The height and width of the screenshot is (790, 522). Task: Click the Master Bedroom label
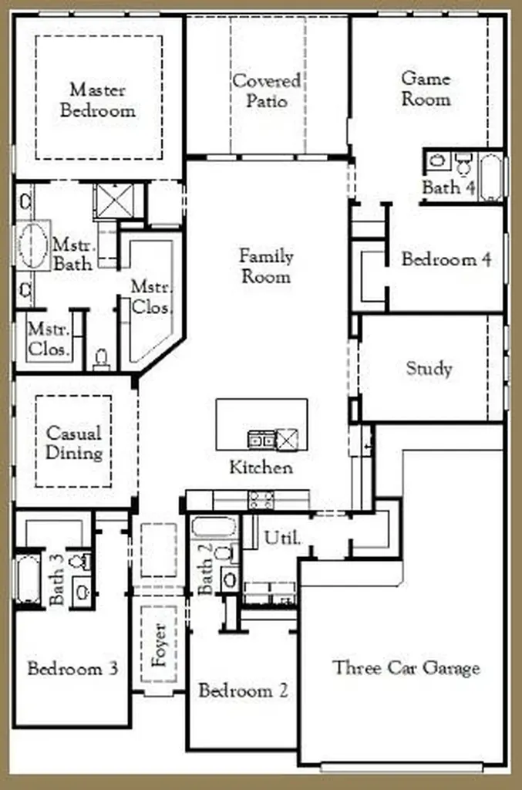click(x=98, y=100)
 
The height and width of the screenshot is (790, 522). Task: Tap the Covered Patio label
click(x=267, y=91)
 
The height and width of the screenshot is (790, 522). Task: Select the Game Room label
click(x=426, y=89)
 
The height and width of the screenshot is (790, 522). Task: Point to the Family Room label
click(x=266, y=266)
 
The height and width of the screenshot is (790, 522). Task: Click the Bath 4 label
click(x=449, y=187)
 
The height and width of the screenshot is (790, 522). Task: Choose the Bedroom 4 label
click(x=446, y=259)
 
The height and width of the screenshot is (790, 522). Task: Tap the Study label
click(x=429, y=368)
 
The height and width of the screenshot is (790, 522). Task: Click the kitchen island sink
click(x=261, y=439)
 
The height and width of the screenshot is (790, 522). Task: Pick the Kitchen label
click(x=261, y=468)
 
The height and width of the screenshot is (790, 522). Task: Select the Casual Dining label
click(x=74, y=442)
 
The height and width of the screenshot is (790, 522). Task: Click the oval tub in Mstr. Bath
click(x=33, y=245)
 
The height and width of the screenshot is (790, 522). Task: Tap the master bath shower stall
click(x=116, y=201)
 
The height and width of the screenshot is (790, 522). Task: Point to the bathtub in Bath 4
click(x=491, y=178)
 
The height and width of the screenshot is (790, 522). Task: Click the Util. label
click(x=282, y=538)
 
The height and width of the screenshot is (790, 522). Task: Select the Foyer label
click(x=159, y=645)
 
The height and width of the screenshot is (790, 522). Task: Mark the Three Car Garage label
click(x=406, y=668)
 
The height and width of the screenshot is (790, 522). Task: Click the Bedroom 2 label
click(x=243, y=690)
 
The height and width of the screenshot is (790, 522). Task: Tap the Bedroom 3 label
click(x=73, y=669)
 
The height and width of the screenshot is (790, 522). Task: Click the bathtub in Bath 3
click(x=29, y=579)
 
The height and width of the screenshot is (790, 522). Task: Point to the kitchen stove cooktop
click(x=261, y=500)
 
